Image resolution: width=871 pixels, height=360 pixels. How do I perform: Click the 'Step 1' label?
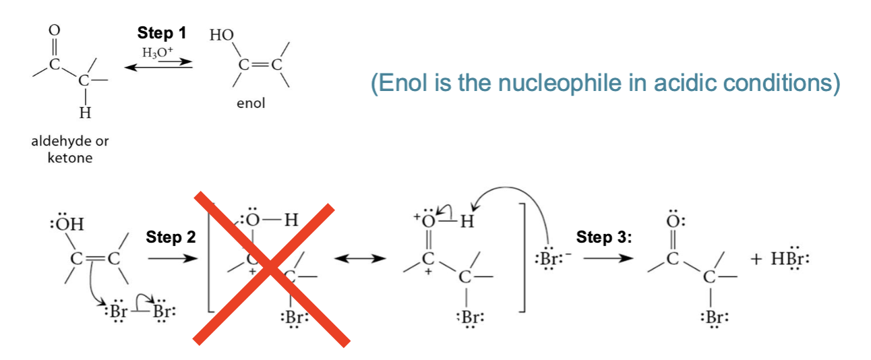[x=162, y=33]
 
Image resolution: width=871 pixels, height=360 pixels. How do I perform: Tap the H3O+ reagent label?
[x=158, y=52]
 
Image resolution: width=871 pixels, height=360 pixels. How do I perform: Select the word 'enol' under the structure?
[x=251, y=103]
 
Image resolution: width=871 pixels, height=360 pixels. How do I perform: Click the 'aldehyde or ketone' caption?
[x=70, y=149]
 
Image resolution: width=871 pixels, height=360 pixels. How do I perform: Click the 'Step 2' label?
[x=171, y=237]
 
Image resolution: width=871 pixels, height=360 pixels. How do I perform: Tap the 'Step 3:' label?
[x=604, y=237]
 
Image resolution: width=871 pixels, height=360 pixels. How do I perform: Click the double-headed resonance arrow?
[x=360, y=258]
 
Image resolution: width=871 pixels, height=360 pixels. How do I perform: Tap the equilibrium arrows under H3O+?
[x=158, y=65]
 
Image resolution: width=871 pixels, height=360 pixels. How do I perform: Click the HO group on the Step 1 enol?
[x=222, y=35]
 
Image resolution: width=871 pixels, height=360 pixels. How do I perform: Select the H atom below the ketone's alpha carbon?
[x=85, y=113]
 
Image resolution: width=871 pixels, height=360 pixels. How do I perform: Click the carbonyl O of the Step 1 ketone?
[x=55, y=30]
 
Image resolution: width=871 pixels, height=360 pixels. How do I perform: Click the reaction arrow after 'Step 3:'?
[x=608, y=258]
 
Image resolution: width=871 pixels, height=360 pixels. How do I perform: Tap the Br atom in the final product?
[x=715, y=318]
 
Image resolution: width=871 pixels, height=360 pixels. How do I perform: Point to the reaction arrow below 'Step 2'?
[x=173, y=258]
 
